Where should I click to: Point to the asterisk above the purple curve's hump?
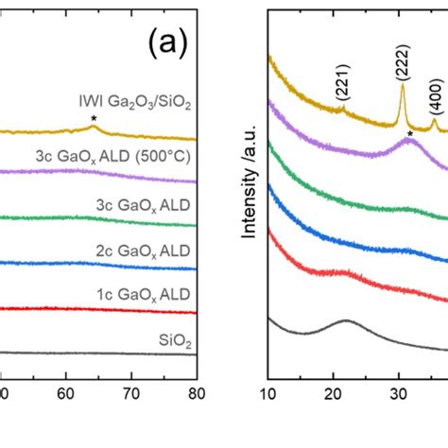(409, 135)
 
